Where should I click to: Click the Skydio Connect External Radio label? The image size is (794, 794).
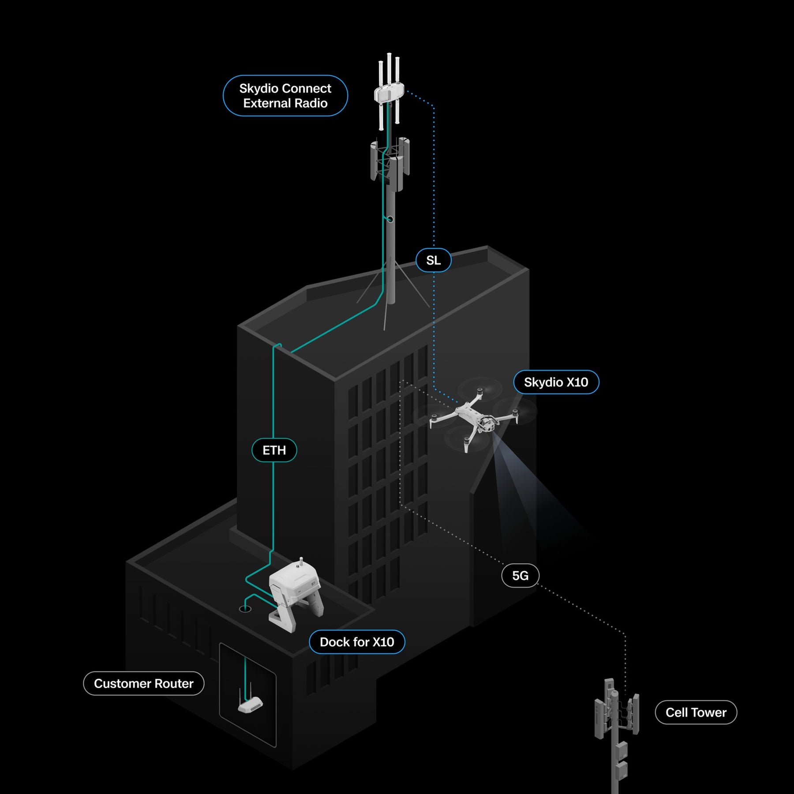pos(285,96)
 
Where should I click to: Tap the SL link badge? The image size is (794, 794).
pos(434,260)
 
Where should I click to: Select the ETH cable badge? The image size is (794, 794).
pos(274,450)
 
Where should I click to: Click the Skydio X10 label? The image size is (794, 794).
pos(556,382)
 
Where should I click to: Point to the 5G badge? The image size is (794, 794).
pos(521,575)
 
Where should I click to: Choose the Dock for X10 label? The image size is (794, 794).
pos(357,642)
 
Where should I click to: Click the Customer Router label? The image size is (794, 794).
pos(144,683)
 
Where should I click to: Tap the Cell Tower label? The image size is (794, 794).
pos(696,712)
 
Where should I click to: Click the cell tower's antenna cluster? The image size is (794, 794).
pos(616,710)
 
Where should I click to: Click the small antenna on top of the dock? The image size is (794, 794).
pos(301,562)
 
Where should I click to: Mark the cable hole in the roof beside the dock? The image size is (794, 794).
pos(245,609)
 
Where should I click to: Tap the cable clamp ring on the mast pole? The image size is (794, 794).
pos(390,219)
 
